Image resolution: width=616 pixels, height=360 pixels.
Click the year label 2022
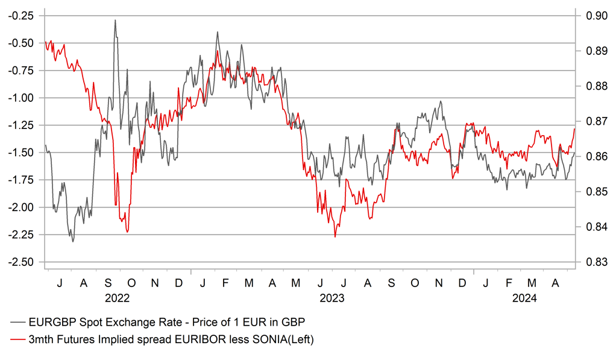[117, 297]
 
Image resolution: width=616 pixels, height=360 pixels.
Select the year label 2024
[524, 297]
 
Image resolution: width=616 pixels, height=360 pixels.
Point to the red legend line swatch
[17, 340]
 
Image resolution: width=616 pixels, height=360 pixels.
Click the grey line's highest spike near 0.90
[115, 20]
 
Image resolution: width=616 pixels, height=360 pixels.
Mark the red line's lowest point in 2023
[335, 237]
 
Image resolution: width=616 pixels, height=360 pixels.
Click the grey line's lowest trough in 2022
[73, 242]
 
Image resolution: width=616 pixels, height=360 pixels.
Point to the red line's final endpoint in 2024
[575, 128]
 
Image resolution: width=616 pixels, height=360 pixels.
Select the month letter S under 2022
[108, 282]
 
